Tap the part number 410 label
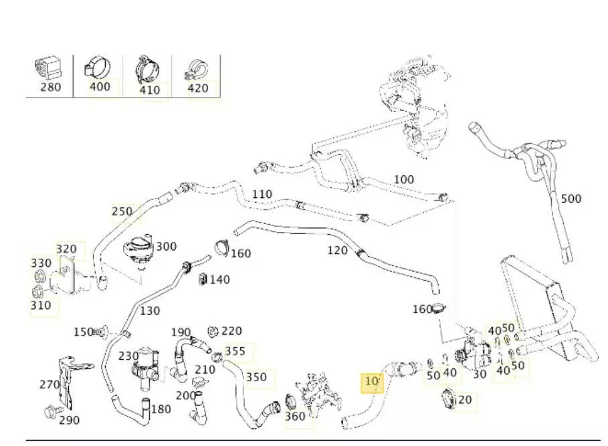click(150, 90)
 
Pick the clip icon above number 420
click(197, 67)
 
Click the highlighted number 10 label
click(371, 382)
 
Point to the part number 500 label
click(571, 199)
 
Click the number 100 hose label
click(403, 180)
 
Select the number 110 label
click(262, 195)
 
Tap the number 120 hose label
click(337, 251)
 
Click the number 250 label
click(122, 211)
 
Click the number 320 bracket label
click(66, 249)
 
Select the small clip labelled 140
click(202, 278)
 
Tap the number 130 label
click(150, 310)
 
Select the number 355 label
click(235, 351)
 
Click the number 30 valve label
click(479, 374)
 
